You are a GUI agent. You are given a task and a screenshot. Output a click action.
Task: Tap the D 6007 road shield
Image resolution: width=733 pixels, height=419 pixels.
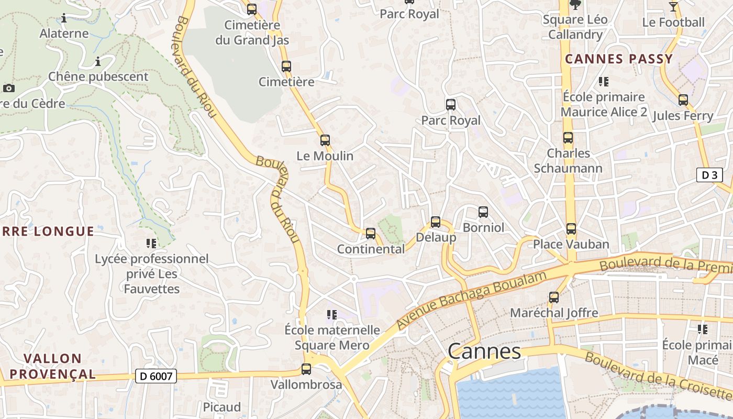click(156, 376)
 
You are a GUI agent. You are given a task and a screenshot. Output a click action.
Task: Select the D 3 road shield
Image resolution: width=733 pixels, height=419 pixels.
click(709, 175)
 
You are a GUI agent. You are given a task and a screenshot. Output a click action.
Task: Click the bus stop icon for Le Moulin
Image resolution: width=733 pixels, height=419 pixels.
click(325, 140)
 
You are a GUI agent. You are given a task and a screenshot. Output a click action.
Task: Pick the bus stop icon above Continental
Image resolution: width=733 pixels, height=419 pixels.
click(371, 234)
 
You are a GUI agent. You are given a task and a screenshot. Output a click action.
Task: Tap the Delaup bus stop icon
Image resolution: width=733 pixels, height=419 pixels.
click(436, 222)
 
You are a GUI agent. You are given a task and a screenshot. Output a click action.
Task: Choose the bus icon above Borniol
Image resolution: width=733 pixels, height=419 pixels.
click(483, 212)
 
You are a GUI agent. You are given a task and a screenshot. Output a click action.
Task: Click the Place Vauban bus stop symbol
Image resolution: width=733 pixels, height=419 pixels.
click(571, 229)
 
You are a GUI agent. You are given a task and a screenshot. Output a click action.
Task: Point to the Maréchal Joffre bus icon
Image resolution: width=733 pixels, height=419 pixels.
click(554, 297)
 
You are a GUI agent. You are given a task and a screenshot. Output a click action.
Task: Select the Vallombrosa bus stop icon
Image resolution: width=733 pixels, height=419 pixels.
click(306, 369)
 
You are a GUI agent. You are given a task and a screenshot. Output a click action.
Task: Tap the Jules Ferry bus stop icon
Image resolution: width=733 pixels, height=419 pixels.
click(683, 100)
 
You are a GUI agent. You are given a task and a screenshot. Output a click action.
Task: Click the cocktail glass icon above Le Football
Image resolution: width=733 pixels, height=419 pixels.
click(673, 7)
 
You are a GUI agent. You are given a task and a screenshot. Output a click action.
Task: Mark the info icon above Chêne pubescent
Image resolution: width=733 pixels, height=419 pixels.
click(98, 62)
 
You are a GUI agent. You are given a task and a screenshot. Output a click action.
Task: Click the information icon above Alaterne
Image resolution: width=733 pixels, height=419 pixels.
click(64, 18)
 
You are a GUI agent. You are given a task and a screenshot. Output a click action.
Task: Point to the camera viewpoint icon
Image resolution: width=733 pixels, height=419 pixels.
click(8, 88)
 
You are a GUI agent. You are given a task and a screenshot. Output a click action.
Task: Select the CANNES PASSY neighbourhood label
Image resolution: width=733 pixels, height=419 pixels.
click(619, 59)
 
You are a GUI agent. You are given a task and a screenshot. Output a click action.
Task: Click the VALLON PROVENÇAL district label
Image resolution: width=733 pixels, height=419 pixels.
click(53, 366)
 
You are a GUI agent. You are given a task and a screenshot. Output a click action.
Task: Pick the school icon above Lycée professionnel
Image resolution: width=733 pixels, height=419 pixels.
click(151, 244)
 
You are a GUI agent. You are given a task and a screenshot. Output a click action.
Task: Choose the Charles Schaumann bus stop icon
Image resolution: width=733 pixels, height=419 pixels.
click(568, 138)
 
